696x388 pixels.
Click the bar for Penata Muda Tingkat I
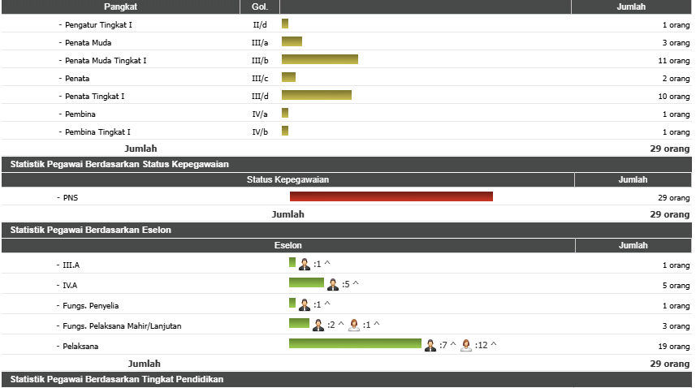tap(319, 60)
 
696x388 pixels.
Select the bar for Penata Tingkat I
tap(316, 96)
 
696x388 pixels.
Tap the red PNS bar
tap(391, 196)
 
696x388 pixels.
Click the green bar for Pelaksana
tap(355, 344)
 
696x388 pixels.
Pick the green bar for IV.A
tap(306, 282)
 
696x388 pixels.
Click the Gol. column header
tap(260, 6)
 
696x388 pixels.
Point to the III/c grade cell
tap(260, 78)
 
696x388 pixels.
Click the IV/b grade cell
tap(260, 131)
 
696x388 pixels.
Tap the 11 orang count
tap(673, 60)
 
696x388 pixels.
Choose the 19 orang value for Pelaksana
tap(673, 346)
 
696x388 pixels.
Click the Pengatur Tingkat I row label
tap(98, 24)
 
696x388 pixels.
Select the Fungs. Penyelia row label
tap(90, 305)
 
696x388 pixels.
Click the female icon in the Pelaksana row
tap(466, 345)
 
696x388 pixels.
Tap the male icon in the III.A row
tap(305, 264)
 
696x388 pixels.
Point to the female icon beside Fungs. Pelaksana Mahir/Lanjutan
tap(354, 325)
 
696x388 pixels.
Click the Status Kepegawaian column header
tap(287, 179)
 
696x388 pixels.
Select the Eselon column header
tap(288, 245)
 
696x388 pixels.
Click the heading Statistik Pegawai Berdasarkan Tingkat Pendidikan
tap(117, 379)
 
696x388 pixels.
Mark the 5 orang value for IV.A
tap(676, 286)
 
